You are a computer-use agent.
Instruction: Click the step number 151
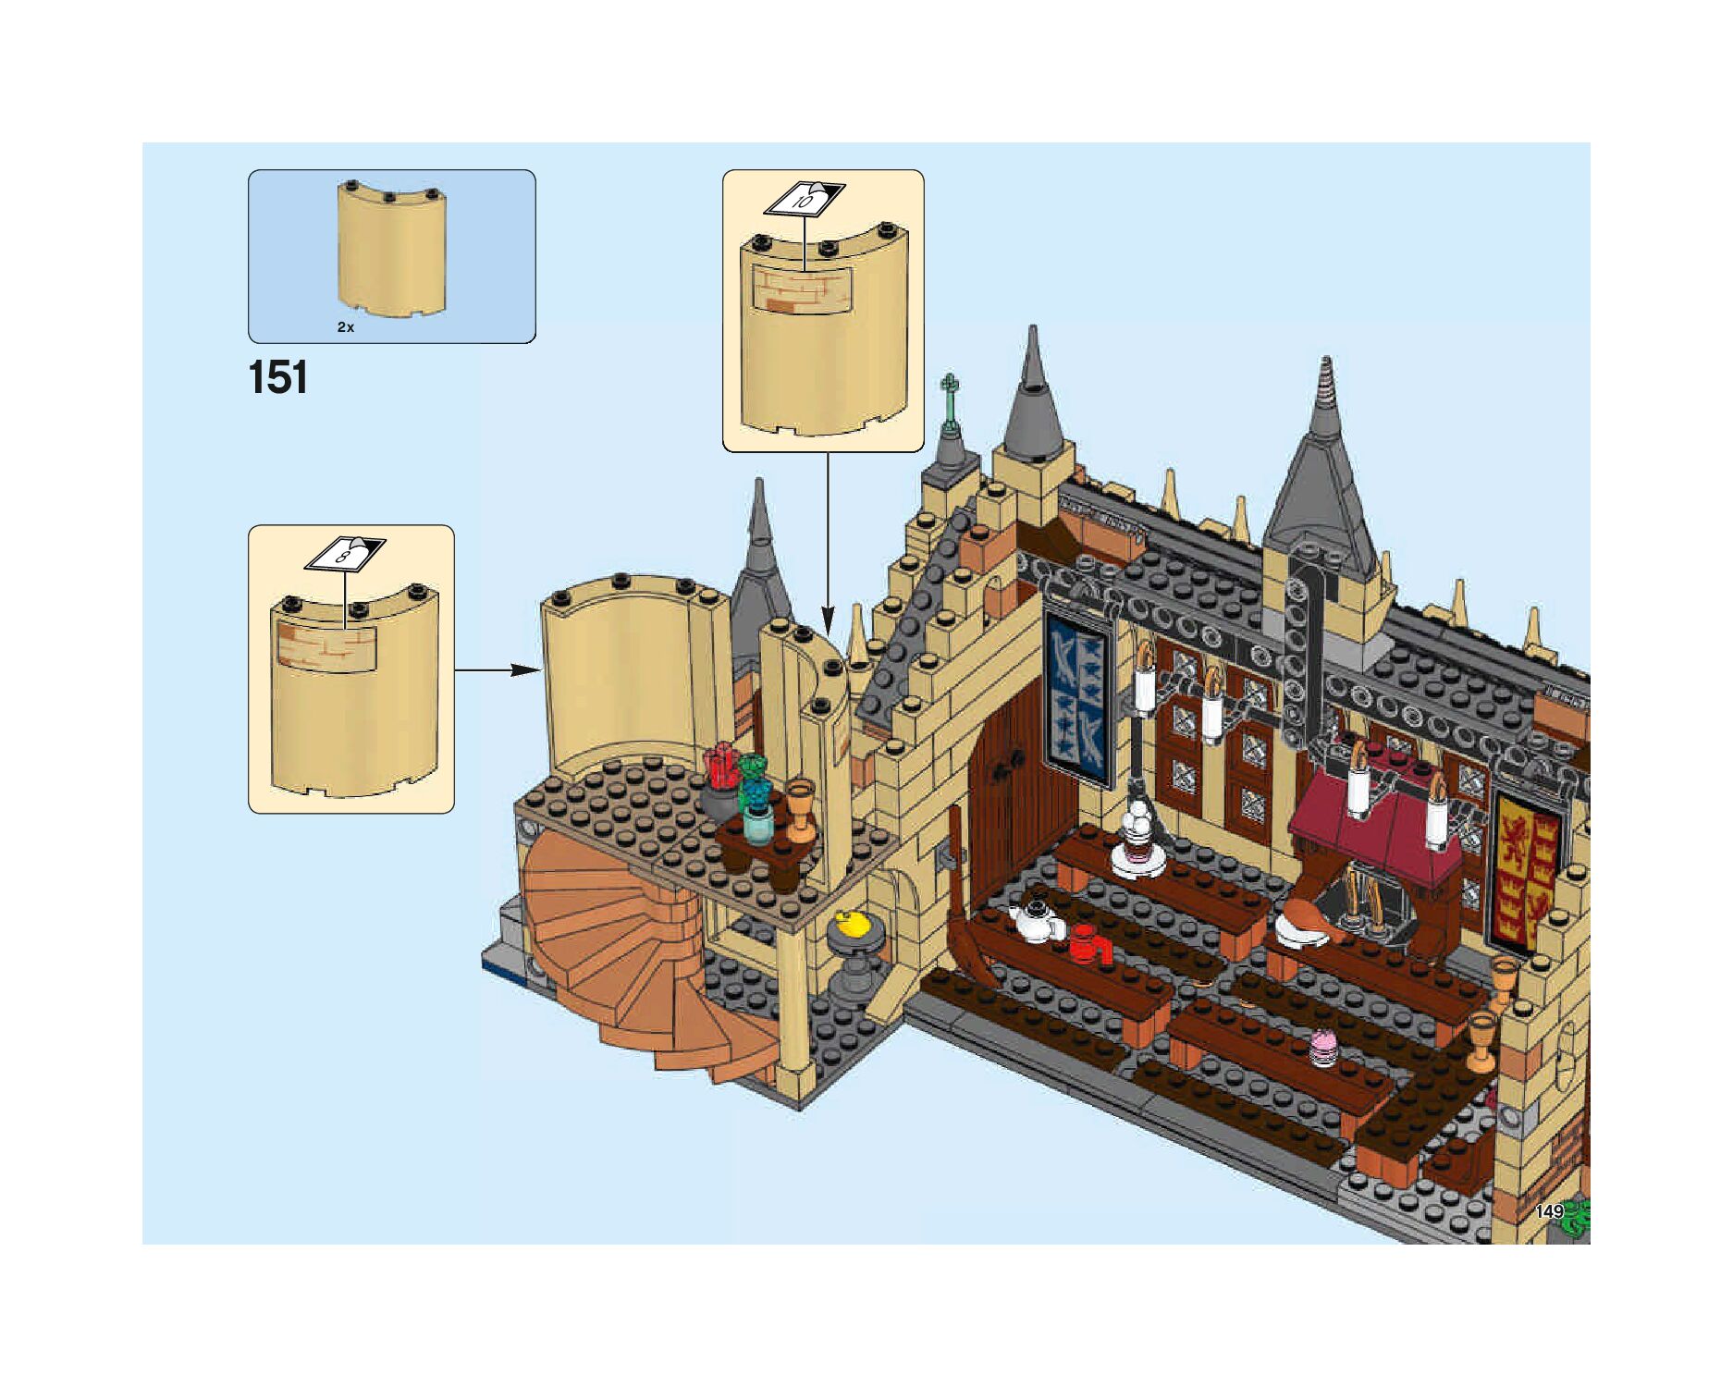pyautogui.click(x=277, y=377)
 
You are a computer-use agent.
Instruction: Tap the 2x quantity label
pyautogui.click(x=346, y=327)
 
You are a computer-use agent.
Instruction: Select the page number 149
pyautogui.click(x=1549, y=1211)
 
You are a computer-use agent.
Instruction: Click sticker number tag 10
pyautogui.click(x=805, y=199)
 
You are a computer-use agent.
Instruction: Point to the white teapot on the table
pyautogui.click(x=1036, y=920)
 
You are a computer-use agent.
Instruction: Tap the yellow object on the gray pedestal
pyautogui.click(x=851, y=925)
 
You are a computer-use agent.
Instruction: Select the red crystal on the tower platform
pyautogui.click(x=720, y=767)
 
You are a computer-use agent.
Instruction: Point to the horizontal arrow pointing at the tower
pyautogui.click(x=498, y=669)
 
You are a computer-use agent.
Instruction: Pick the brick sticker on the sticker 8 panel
pyautogui.click(x=326, y=644)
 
